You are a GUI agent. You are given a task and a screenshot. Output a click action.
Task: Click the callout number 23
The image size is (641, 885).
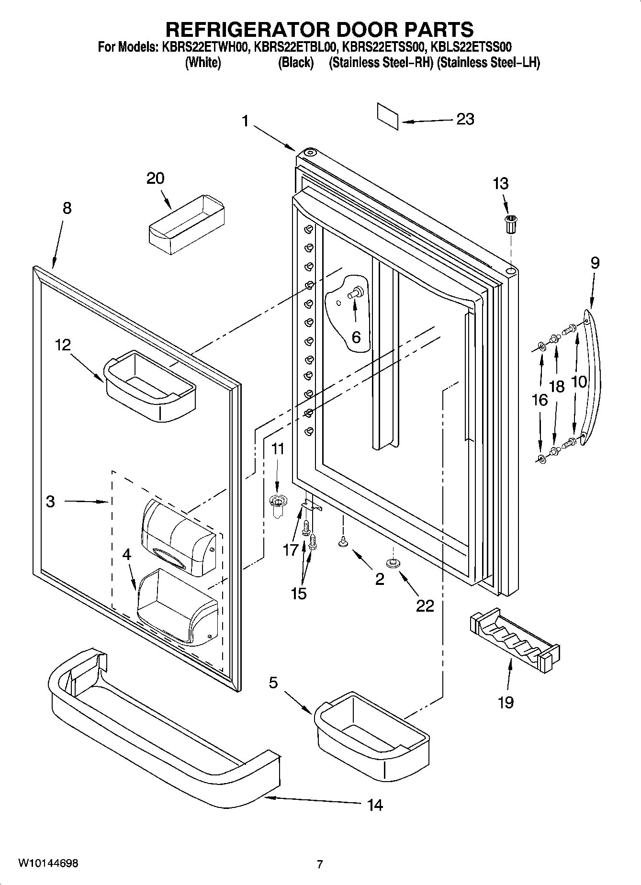click(465, 119)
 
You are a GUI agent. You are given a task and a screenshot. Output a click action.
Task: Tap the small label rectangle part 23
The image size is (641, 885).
click(387, 116)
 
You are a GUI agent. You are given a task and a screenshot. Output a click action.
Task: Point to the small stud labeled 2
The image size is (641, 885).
click(343, 542)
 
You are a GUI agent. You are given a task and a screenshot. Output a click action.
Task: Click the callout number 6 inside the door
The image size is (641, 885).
click(356, 337)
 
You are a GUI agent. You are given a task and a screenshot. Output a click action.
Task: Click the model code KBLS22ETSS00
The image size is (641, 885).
click(471, 47)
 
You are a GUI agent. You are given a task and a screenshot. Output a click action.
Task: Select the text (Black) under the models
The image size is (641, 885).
click(296, 63)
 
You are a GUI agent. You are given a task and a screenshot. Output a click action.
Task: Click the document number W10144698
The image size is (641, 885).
click(48, 863)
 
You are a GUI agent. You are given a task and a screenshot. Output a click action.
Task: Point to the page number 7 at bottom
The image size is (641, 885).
click(320, 864)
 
